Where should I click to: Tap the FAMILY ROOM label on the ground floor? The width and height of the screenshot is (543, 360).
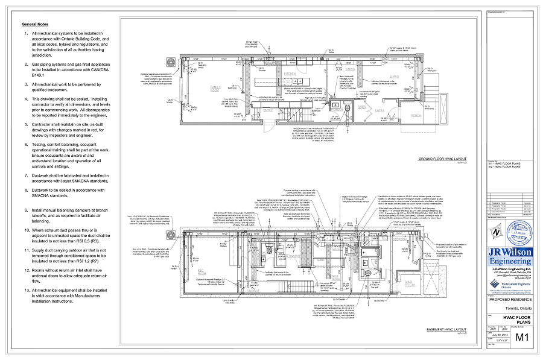[215, 88]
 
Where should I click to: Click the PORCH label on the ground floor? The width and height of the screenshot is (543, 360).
[416, 110]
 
